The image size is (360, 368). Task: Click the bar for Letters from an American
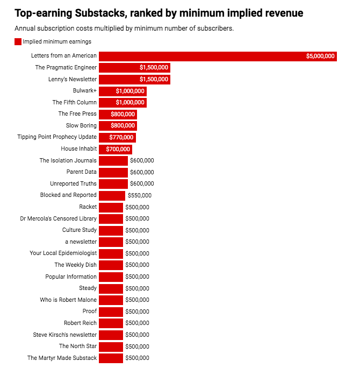[218, 56]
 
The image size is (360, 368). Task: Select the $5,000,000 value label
[320, 56]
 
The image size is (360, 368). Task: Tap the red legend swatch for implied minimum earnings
[18, 41]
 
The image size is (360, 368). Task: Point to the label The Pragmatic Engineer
[66, 68]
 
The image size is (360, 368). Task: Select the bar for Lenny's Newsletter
[134, 79]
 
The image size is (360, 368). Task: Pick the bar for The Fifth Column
[123, 102]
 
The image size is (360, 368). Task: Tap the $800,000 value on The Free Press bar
[123, 114]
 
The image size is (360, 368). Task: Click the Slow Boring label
[81, 125]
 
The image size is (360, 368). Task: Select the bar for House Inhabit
[115, 149]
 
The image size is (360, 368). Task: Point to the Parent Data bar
[113, 172]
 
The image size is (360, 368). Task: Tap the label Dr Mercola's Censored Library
[59, 218]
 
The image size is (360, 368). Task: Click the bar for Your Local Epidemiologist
[111, 253]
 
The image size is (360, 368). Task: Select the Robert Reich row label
[80, 323]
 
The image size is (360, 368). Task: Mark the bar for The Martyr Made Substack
[111, 358]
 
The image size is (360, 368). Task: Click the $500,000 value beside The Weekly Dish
[137, 265]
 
